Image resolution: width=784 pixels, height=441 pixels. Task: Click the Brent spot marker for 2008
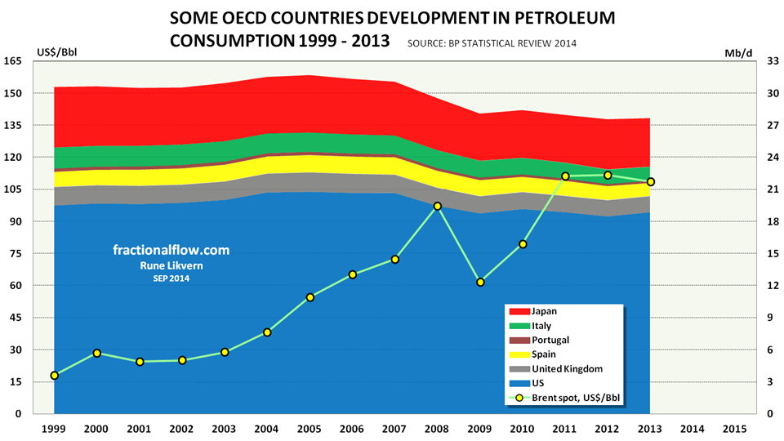click(x=438, y=206)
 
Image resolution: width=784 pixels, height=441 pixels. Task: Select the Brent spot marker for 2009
click(x=480, y=283)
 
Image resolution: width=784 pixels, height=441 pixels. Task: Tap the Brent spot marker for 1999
click(x=54, y=376)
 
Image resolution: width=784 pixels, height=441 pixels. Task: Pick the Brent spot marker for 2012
click(x=608, y=175)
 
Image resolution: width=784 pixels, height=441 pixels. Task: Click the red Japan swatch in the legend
click(x=518, y=311)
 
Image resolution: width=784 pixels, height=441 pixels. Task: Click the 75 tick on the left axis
click(x=15, y=254)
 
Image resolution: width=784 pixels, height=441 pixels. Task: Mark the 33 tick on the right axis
click(x=773, y=61)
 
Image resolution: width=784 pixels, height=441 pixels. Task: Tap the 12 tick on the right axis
click(x=773, y=286)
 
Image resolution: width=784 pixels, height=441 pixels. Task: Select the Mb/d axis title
click(x=735, y=53)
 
